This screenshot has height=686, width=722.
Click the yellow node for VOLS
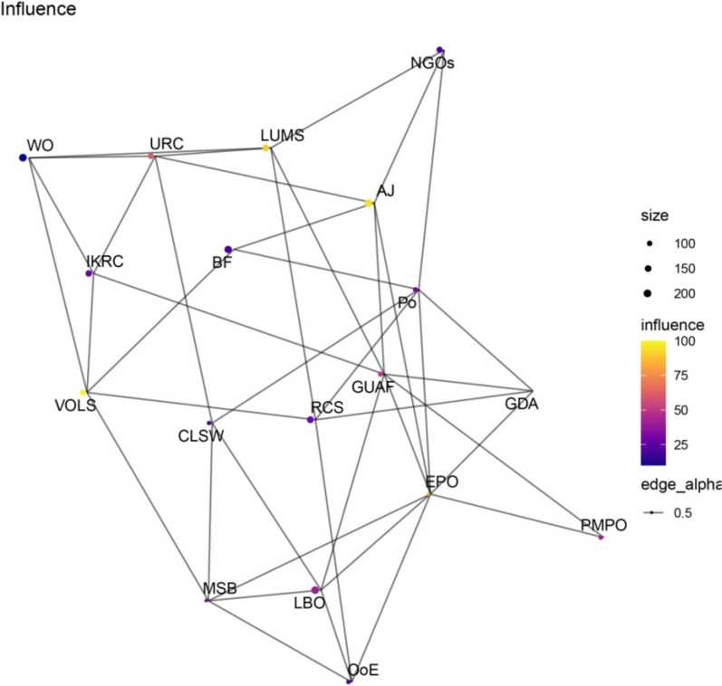click(82, 393)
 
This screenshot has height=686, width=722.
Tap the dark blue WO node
click(23, 157)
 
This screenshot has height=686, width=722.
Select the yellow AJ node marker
click(369, 203)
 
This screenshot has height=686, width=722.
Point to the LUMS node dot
click(265, 148)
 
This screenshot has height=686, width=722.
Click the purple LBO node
click(315, 590)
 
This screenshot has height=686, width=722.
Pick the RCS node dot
click(311, 420)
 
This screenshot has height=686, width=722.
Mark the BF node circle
click(228, 250)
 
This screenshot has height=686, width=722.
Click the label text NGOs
click(432, 63)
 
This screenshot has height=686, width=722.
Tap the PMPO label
click(603, 525)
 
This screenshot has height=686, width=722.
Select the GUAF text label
click(373, 387)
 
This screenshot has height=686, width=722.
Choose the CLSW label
click(201, 435)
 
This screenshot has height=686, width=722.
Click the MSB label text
click(220, 588)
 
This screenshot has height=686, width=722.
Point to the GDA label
click(522, 404)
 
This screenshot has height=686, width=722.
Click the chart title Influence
click(38, 9)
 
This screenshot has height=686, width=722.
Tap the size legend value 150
click(685, 269)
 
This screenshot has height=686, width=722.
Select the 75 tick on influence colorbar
click(681, 376)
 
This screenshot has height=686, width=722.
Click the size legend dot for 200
click(648, 293)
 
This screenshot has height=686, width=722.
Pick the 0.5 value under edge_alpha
click(682, 512)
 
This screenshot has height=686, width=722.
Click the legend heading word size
click(655, 215)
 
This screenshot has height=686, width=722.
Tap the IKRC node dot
click(89, 273)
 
